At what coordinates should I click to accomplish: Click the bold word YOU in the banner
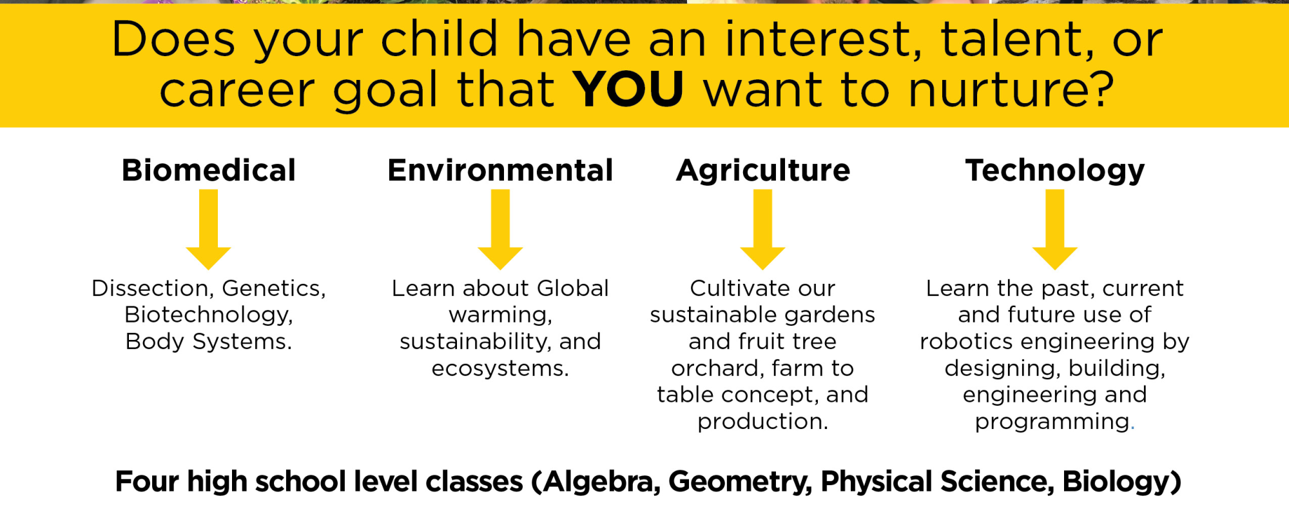point(628,88)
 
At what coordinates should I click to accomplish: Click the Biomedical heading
point(209,170)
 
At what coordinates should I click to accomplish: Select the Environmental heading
point(500,170)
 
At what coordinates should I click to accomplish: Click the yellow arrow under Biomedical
point(208,229)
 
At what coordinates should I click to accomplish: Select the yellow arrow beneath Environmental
point(500,229)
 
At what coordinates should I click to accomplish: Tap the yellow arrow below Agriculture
point(762,229)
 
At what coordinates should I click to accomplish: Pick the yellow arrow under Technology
point(1055,229)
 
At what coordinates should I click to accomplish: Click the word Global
point(573,288)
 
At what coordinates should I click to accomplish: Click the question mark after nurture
point(1100,89)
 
